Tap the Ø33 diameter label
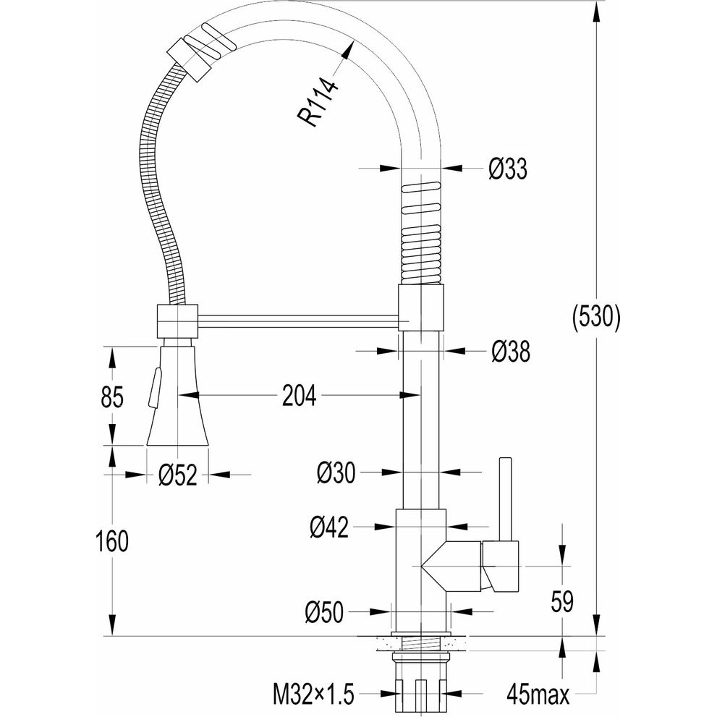[508, 169]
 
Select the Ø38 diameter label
[511, 352]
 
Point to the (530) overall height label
[597, 317]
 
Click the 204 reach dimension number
[299, 396]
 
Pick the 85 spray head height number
[112, 396]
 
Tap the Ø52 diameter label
[178, 475]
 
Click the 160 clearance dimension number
[112, 541]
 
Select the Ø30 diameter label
[336, 472]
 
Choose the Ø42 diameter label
[329, 527]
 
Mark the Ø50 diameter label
[323, 612]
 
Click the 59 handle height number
[562, 601]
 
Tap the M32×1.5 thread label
[314, 695]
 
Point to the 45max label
[538, 695]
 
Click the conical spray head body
[177, 396]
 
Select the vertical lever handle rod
[505, 499]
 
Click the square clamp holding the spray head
[178, 321]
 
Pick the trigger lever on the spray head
[153, 387]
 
